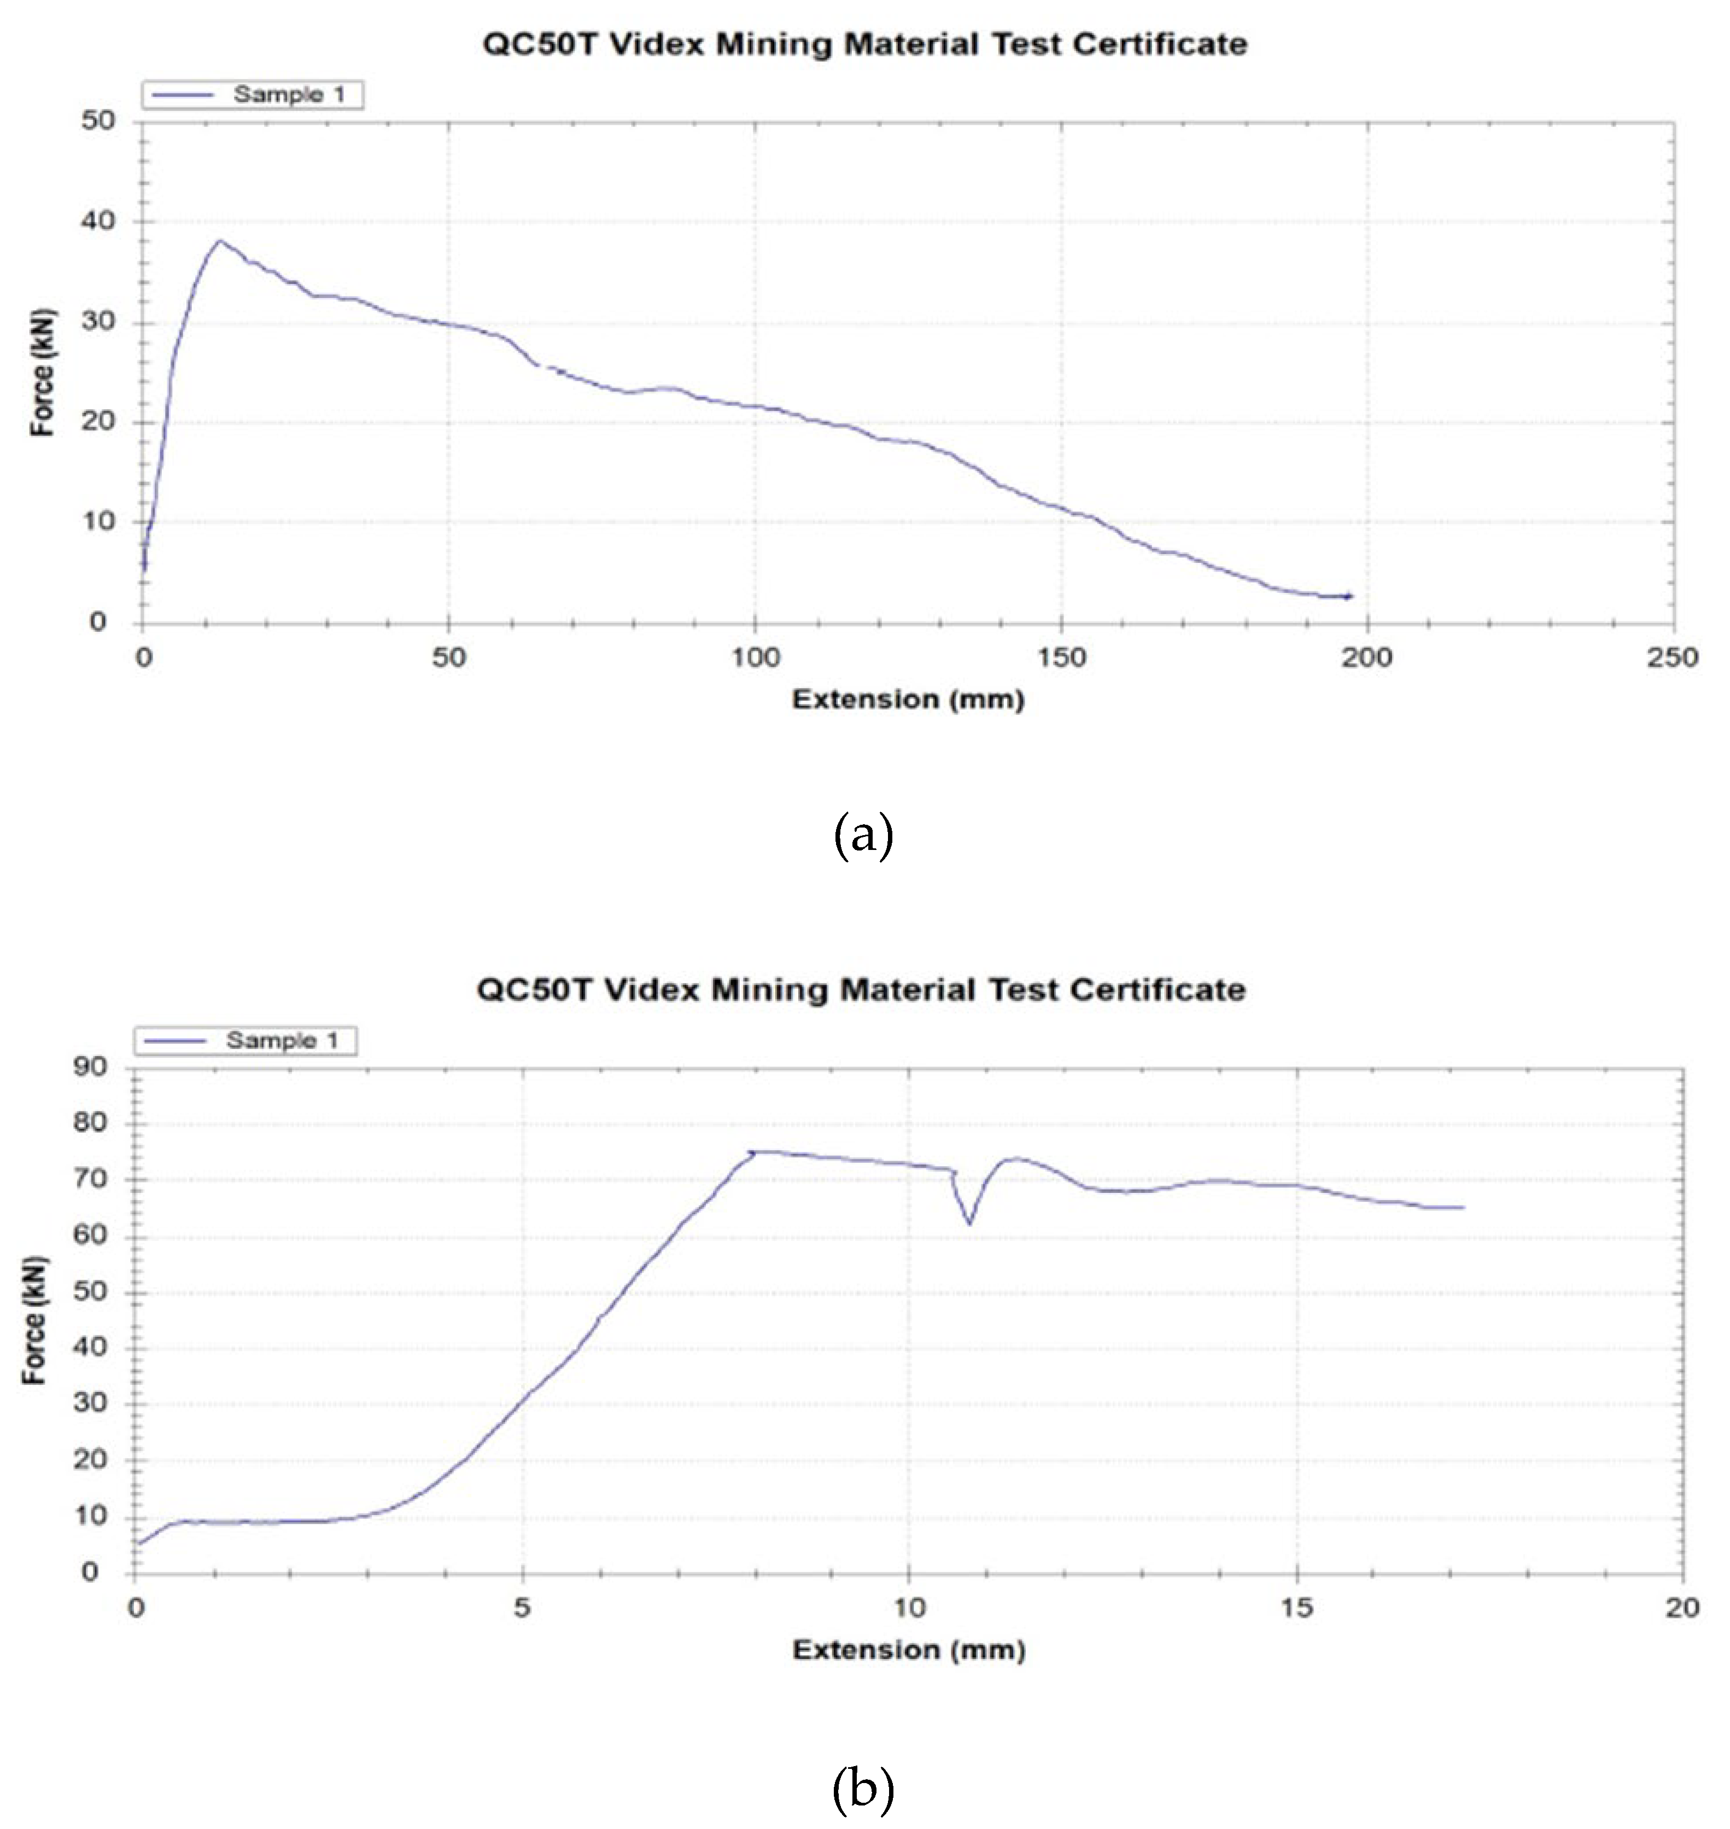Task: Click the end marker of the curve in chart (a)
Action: click(x=1348, y=597)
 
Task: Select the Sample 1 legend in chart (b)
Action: click(x=246, y=1040)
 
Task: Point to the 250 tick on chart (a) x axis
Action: click(x=1672, y=657)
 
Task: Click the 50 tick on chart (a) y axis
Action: click(x=98, y=121)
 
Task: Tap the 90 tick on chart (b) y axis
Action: click(x=90, y=1068)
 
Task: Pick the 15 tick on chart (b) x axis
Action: click(x=1296, y=1607)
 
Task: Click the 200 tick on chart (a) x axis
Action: click(x=1366, y=657)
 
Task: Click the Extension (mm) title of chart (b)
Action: click(x=908, y=1650)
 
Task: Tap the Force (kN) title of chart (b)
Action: click(x=34, y=1319)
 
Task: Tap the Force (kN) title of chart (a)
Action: click(x=42, y=372)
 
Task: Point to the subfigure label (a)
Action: click(x=863, y=836)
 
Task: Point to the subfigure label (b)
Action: click(x=863, y=1789)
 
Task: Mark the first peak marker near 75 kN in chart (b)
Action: click(x=752, y=1152)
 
